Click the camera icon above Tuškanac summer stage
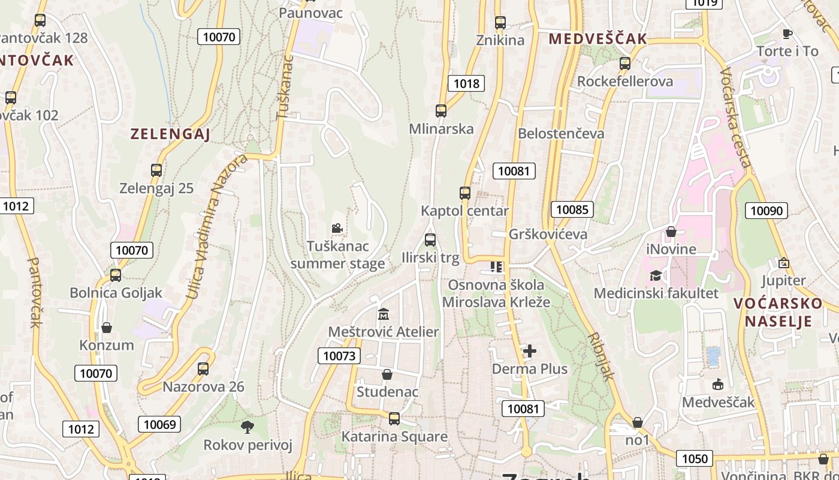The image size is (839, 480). [x=337, y=228]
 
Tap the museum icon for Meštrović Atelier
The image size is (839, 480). [x=384, y=314]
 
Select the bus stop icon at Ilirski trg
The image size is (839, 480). [x=430, y=240]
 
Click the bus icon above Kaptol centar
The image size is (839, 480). [x=465, y=193]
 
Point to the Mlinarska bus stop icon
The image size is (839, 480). [x=441, y=111]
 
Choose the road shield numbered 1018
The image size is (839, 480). [x=466, y=83]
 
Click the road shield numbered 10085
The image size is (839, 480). [x=572, y=209]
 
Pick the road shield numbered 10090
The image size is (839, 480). [x=766, y=210]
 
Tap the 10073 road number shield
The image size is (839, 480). [x=339, y=356]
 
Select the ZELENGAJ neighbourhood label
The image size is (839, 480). [x=170, y=134]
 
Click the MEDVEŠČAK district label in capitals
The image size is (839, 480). [x=598, y=39]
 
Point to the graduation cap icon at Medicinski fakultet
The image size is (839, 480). [x=656, y=275]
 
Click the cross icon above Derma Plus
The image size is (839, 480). [x=530, y=351]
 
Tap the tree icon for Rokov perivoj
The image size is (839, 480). [x=247, y=427]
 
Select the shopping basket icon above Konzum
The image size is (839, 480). [x=107, y=328]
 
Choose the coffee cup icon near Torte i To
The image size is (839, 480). [x=787, y=34]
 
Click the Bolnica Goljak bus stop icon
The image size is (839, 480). [x=116, y=275]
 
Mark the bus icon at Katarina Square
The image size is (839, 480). [x=394, y=419]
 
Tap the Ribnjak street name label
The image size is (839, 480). [x=602, y=356]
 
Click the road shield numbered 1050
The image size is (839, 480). [x=695, y=459]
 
